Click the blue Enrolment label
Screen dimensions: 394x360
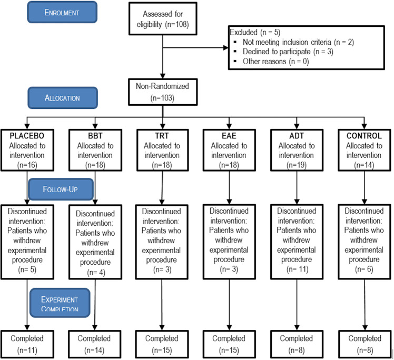[x=62, y=12]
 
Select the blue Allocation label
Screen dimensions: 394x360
[x=63, y=98]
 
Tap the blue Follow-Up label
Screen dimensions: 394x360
[x=61, y=189]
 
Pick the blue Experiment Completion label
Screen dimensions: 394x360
[x=60, y=303]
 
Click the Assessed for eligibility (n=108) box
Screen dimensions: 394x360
[x=163, y=19]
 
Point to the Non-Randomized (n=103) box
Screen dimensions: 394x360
[x=163, y=92]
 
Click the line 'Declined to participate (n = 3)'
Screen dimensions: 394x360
[x=288, y=52]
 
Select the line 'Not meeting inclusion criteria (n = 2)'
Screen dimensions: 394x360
[x=298, y=42]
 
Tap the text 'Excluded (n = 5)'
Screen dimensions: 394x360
[x=255, y=32]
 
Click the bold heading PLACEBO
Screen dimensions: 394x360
[x=27, y=136]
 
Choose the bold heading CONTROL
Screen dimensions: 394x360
[x=364, y=136]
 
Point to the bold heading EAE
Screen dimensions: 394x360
[x=229, y=136]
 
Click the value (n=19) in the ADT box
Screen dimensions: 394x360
[x=297, y=165]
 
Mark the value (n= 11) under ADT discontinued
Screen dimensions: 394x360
[x=297, y=269]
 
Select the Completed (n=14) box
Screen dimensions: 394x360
[x=94, y=344]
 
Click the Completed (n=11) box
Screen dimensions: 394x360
[x=27, y=344]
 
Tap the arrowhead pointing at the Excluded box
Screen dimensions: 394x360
[x=225, y=48]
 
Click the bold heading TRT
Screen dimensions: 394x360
[x=162, y=136]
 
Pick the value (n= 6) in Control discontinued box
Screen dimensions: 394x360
[x=364, y=269]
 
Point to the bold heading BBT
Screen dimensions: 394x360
[x=95, y=136]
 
